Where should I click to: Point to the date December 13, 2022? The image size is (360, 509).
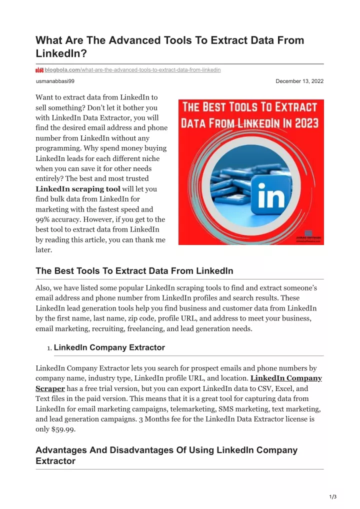tap(299, 81)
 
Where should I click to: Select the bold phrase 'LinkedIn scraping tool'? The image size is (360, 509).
tap(78, 189)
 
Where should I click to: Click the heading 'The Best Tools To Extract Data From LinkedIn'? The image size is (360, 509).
tap(134, 271)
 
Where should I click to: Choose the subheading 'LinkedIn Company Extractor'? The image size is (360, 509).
tap(109, 347)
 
